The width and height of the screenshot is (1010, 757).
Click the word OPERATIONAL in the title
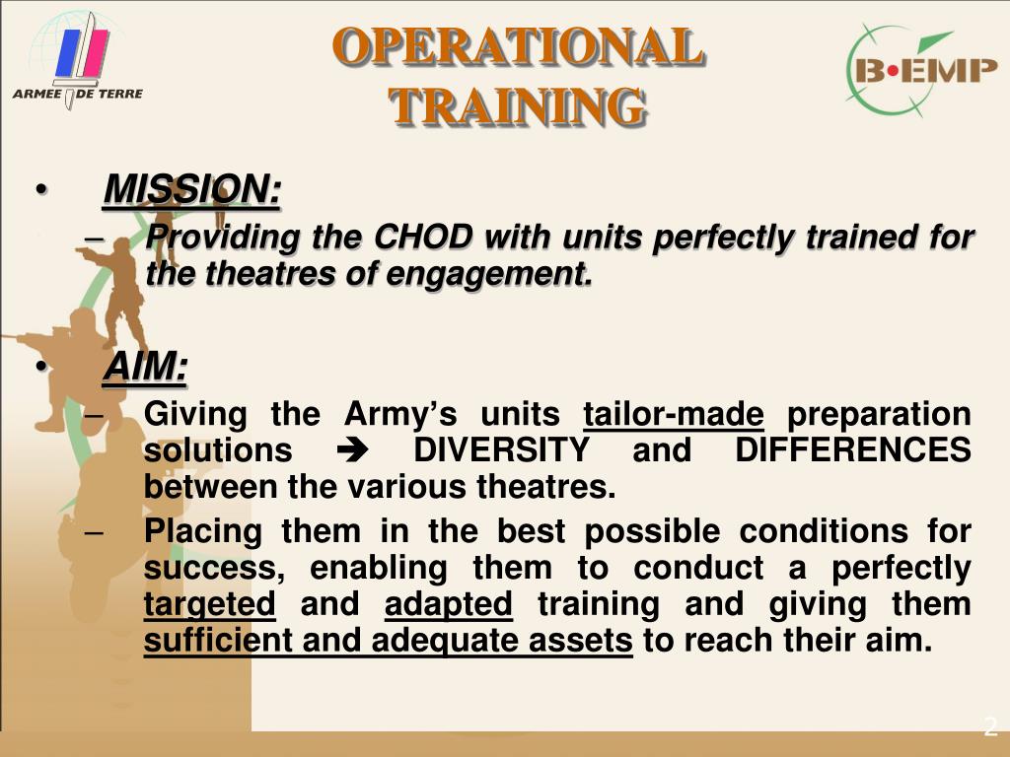coord(519,46)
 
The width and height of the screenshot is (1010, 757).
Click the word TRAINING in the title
coord(517,105)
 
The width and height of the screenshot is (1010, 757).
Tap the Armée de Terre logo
coord(78,61)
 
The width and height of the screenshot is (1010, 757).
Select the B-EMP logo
coord(922,70)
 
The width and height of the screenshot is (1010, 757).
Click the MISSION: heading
coord(192,189)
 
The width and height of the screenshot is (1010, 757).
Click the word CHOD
coord(423,237)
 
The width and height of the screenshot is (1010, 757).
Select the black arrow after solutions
coord(352,450)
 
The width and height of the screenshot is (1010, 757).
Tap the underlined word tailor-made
coord(674,414)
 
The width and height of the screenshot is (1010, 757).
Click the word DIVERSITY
coord(502,449)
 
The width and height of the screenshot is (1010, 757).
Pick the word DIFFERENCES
coord(853,449)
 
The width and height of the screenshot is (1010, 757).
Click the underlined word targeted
coord(209,605)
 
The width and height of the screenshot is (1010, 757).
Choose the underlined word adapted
coord(449,605)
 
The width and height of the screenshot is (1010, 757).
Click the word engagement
coord(489,275)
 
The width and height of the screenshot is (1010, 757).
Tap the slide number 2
coord(990,727)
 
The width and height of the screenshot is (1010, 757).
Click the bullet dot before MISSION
coord(41,190)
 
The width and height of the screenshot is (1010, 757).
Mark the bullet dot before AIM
coord(41,367)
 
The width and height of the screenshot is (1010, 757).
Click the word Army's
coord(400,414)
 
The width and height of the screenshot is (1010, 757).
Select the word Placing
coord(203,532)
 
